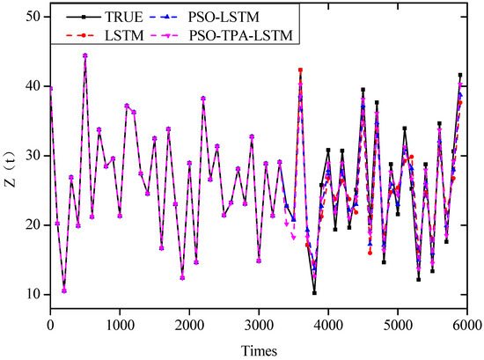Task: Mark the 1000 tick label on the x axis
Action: [120, 325]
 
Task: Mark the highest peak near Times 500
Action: [85, 55]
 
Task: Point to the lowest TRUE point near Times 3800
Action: [314, 292]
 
